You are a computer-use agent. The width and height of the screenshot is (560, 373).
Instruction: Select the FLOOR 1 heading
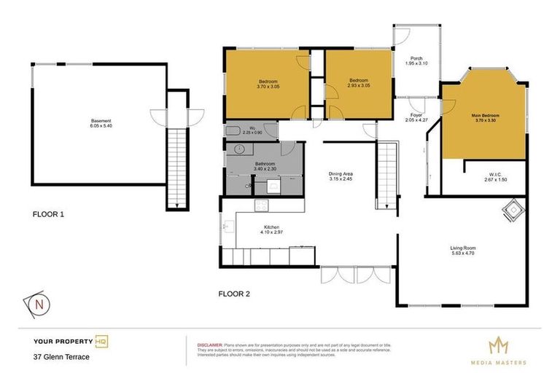[49, 215]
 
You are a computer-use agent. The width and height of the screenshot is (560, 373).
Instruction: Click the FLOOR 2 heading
[234, 294]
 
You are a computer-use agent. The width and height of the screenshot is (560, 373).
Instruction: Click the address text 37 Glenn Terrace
[61, 357]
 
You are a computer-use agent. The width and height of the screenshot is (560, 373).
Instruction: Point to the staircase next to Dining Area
[386, 176]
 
